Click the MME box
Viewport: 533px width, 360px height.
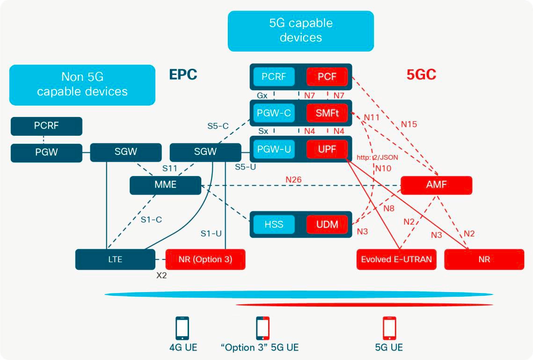pos(165,185)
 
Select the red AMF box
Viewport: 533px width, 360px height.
pos(436,185)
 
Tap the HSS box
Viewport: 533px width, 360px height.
pos(274,224)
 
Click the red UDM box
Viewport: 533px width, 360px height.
pos(327,224)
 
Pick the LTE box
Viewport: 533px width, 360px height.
pos(115,259)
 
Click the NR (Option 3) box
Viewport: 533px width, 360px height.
pos(205,259)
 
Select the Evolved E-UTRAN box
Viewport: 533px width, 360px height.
pos(396,259)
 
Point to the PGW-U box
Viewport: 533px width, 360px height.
pos(274,149)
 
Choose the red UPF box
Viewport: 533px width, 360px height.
pos(327,149)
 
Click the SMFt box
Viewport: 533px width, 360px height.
pos(327,113)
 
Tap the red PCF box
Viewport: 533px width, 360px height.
pos(327,76)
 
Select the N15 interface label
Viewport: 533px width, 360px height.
pos(409,125)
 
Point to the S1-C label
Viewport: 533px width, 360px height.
pos(151,219)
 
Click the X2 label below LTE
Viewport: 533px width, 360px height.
pos(161,276)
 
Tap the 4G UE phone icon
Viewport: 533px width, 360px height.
pos(183,328)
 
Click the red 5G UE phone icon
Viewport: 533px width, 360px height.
pos(389,328)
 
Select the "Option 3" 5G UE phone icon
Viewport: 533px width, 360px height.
pos(263,328)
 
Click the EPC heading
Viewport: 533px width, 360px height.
pos(183,74)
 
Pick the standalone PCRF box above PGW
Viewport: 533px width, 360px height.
pos(46,126)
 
